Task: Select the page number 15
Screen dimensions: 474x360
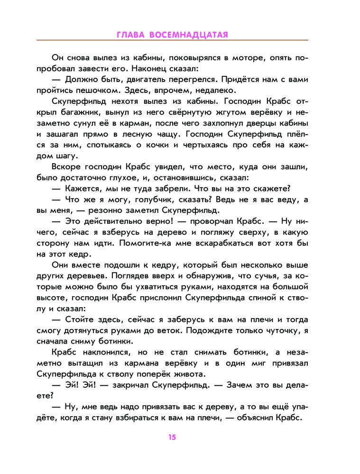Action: (x=172, y=437)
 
